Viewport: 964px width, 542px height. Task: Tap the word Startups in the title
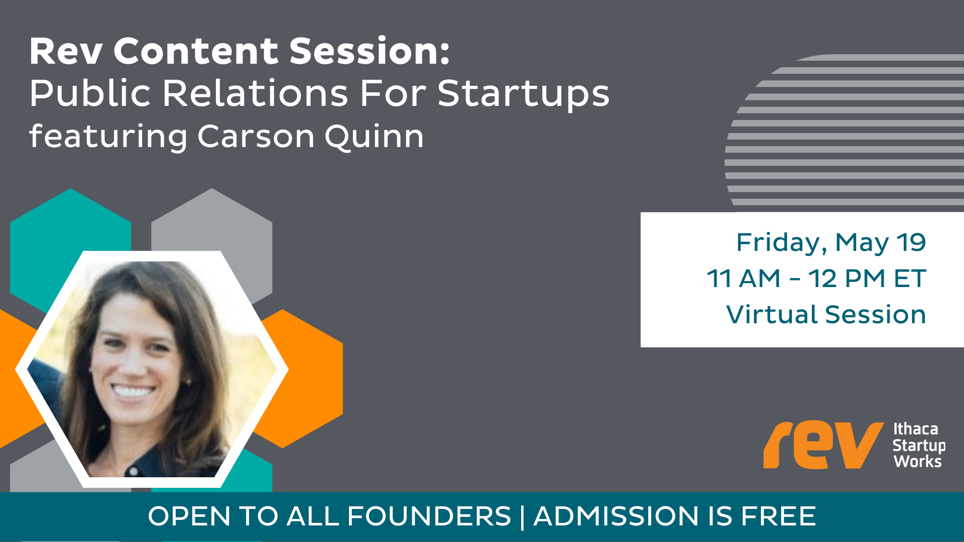[524, 94]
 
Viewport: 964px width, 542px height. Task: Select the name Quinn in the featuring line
[374, 137]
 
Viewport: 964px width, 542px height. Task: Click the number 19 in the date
[911, 242]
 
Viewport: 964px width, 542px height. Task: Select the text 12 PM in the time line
[847, 279]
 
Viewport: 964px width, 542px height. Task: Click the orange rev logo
[823, 445]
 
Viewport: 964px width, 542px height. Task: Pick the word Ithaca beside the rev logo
[916, 429]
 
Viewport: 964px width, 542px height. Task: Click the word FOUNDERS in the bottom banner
[429, 516]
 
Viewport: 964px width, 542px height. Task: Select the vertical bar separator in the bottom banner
[522, 517]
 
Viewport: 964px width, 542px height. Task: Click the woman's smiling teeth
[133, 391]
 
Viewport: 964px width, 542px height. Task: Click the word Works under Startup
[918, 462]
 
